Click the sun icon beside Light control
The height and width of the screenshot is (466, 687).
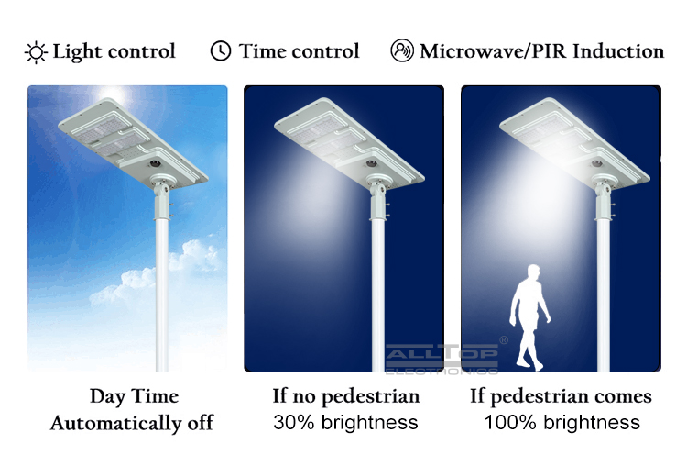pyautogui.click(x=36, y=52)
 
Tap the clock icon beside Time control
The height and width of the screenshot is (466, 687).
pyautogui.click(x=221, y=50)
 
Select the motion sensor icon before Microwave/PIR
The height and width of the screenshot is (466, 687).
pyautogui.click(x=402, y=50)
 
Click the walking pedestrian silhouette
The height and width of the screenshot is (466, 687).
pyautogui.click(x=529, y=317)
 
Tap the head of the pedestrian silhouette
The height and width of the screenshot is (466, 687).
pyautogui.click(x=534, y=271)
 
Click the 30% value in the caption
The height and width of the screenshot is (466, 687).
pyautogui.click(x=294, y=422)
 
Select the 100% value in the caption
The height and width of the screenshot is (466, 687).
pyautogui.click(x=510, y=422)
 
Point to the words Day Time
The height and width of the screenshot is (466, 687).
pyautogui.click(x=134, y=396)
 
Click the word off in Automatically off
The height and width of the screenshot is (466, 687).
pyautogui.click(x=201, y=423)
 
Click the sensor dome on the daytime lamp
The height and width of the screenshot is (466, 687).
pyautogui.click(x=155, y=163)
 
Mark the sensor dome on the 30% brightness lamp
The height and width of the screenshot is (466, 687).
pyautogui.click(x=372, y=163)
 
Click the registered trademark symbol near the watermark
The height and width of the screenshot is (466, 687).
pyautogui.click(x=504, y=339)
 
